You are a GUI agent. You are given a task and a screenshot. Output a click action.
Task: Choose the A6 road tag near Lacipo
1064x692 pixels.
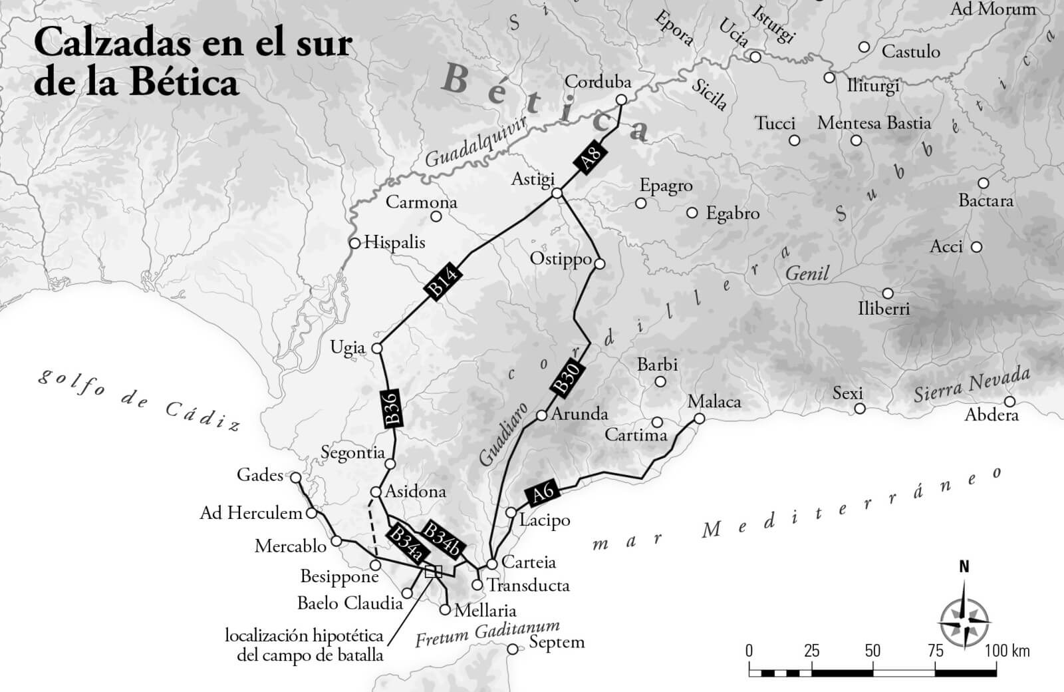tap(543, 492)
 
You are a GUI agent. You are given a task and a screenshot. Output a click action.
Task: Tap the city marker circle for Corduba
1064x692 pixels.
tap(621, 100)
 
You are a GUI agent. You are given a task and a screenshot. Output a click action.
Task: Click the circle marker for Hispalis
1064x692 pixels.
tap(355, 243)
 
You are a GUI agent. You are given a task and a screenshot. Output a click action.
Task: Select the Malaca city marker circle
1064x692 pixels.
tap(699, 419)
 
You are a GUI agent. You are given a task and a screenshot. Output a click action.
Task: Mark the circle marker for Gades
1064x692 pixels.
tap(296, 477)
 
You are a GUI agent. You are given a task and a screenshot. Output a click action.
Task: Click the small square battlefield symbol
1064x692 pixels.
tap(433, 571)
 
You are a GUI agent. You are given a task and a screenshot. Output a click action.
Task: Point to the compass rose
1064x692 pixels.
tap(964, 617)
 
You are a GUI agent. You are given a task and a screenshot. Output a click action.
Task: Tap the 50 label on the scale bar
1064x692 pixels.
tap(872, 650)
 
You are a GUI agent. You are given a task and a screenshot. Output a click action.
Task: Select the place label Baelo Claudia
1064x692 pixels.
tap(350, 604)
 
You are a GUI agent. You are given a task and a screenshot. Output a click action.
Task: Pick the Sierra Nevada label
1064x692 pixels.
tap(971, 385)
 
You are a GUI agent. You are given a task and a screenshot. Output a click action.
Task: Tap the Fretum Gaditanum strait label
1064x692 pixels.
tap(487, 633)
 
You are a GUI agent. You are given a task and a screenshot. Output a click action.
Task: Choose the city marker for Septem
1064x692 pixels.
tap(512, 649)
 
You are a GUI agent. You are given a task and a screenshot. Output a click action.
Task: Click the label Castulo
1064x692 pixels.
tap(910, 51)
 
